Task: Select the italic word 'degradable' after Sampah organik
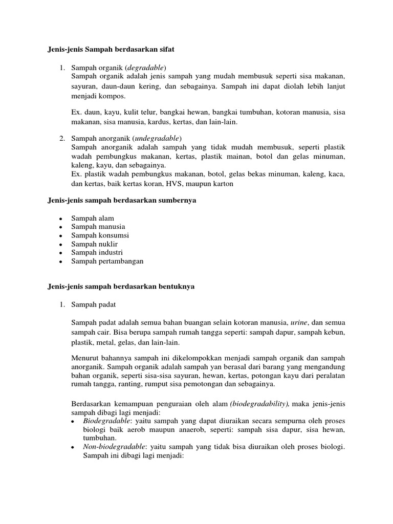(145, 68)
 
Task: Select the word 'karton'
(222, 184)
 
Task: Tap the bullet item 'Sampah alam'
(93, 218)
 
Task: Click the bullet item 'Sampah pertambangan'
(107, 261)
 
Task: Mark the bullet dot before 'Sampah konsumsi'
(60, 236)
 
